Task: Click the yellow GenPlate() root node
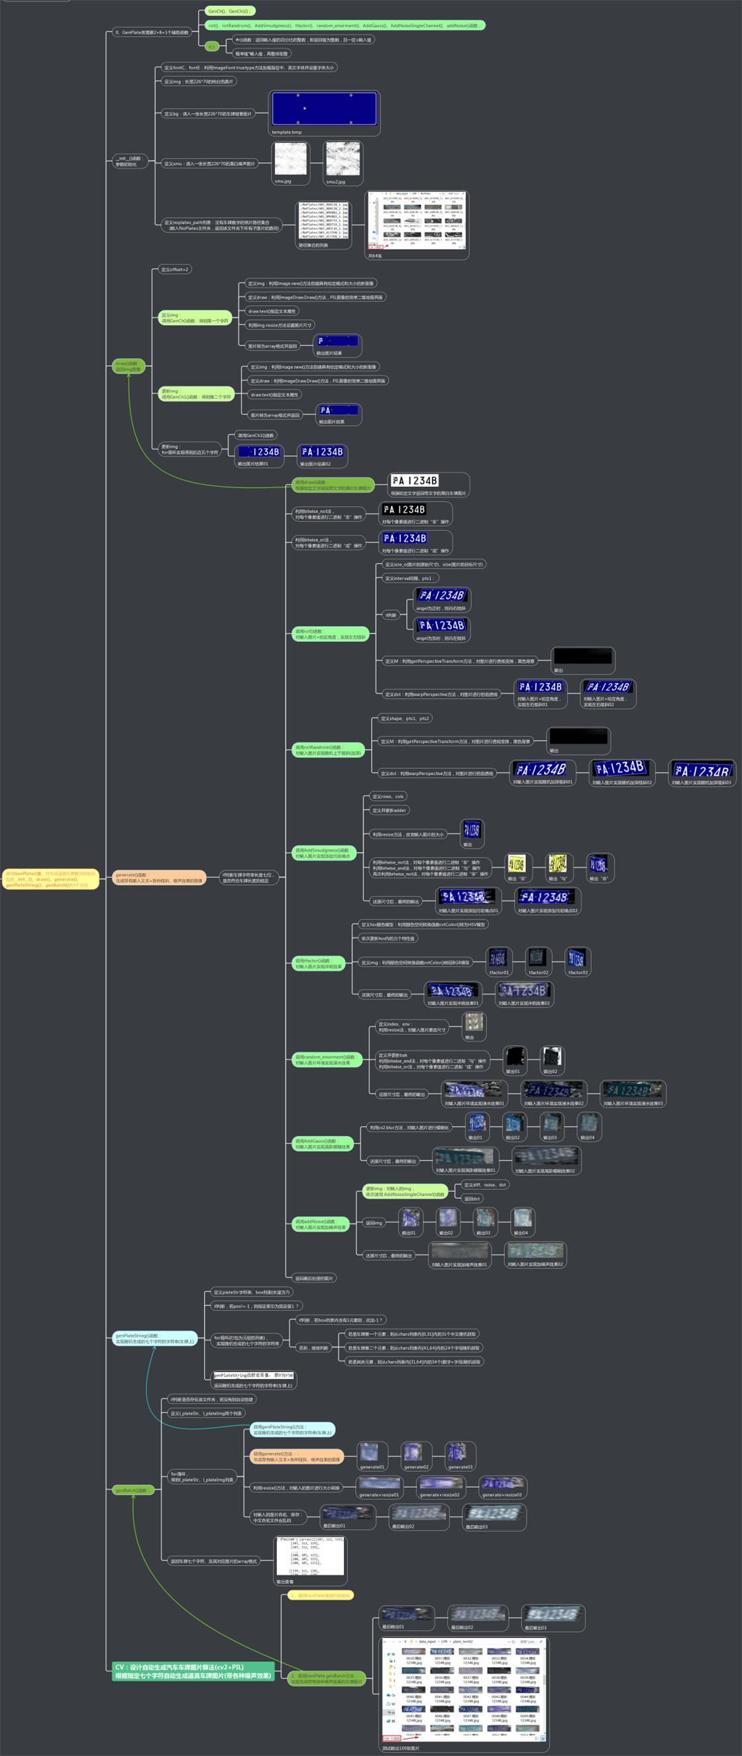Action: (51, 879)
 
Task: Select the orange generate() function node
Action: (159, 877)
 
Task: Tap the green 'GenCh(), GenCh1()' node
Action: (229, 11)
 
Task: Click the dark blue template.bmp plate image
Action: (324, 109)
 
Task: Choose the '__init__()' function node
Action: (129, 161)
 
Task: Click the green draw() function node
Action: (129, 366)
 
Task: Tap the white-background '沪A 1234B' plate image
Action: (415, 481)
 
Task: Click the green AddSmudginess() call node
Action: (324, 852)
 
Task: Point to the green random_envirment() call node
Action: (327, 1059)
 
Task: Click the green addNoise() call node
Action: (321, 1224)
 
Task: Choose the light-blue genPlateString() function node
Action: (155, 1338)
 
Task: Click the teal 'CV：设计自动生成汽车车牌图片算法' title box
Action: (193, 1671)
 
